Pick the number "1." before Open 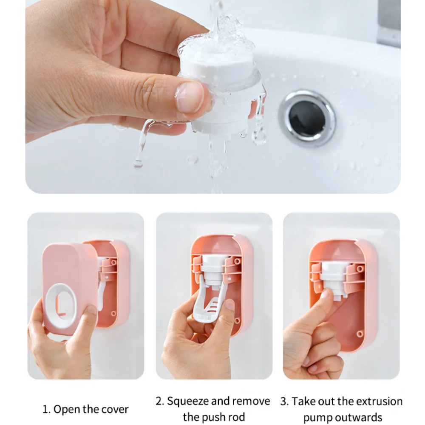pos(47,410)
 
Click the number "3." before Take pos(285,402)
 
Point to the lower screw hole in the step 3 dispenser pos(360,333)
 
